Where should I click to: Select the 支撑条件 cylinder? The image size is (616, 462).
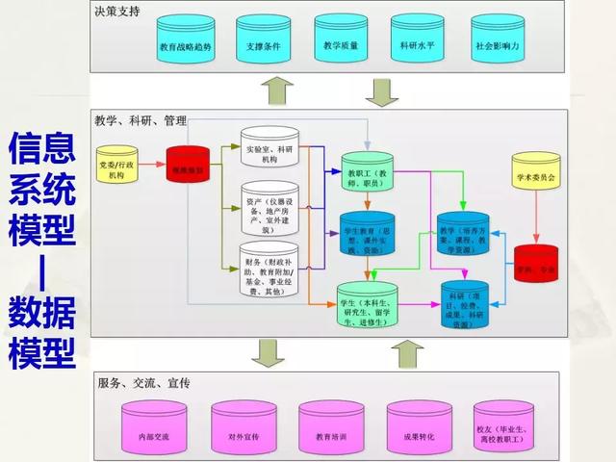(263, 41)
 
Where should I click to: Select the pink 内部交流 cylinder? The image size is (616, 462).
(153, 431)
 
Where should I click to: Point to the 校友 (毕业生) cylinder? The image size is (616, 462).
(504, 431)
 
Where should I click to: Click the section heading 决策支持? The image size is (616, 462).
(116, 11)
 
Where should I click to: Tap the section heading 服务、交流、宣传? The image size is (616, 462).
(143, 382)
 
